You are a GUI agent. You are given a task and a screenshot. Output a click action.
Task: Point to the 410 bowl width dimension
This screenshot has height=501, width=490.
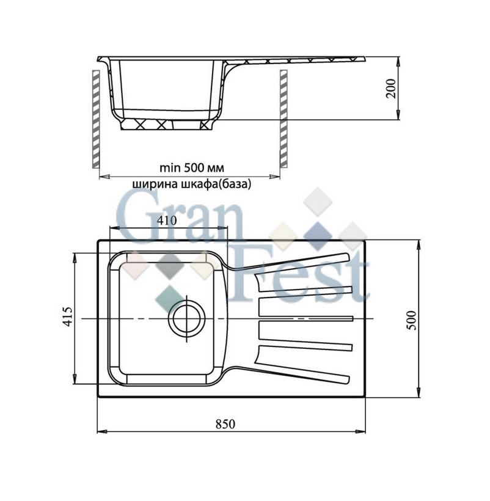[167, 221]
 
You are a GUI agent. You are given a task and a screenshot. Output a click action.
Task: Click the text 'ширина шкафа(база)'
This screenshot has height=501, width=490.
[191, 183]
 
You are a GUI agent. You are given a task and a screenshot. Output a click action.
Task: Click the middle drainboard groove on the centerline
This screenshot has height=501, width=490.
[306, 318]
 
